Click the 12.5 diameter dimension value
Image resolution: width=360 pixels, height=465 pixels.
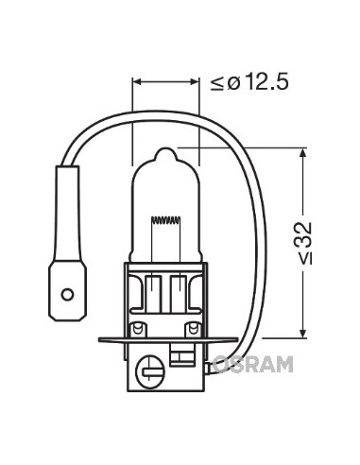click(266, 82)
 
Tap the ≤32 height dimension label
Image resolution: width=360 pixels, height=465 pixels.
click(304, 243)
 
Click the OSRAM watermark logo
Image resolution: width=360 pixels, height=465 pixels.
click(252, 364)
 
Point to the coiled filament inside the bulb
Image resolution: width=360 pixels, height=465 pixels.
click(166, 220)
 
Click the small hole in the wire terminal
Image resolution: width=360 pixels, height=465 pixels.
click(67, 295)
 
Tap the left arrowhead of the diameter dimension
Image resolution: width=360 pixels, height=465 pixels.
click(136, 82)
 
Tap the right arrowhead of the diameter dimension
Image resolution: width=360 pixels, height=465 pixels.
click(196, 82)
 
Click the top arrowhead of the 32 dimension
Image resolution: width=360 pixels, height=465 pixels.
click(302, 152)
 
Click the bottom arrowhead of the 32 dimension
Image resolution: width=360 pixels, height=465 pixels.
click(302, 334)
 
